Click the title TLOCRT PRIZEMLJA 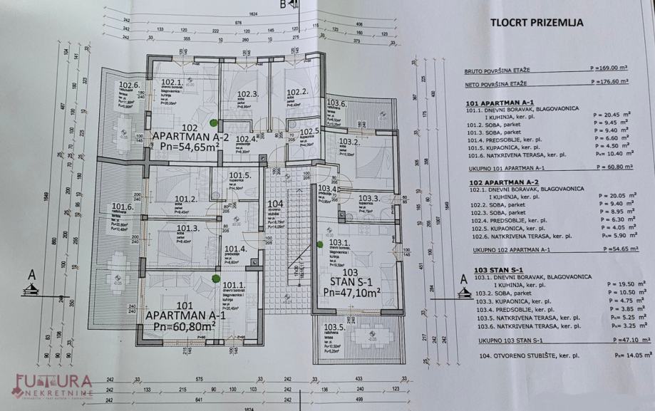(x=537, y=22)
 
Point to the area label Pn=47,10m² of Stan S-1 (x=352, y=291)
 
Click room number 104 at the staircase (x=275, y=204)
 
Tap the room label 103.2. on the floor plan (x=349, y=142)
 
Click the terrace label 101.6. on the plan (x=122, y=208)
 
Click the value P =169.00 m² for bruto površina (x=608, y=69)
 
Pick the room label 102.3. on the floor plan (x=247, y=94)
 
